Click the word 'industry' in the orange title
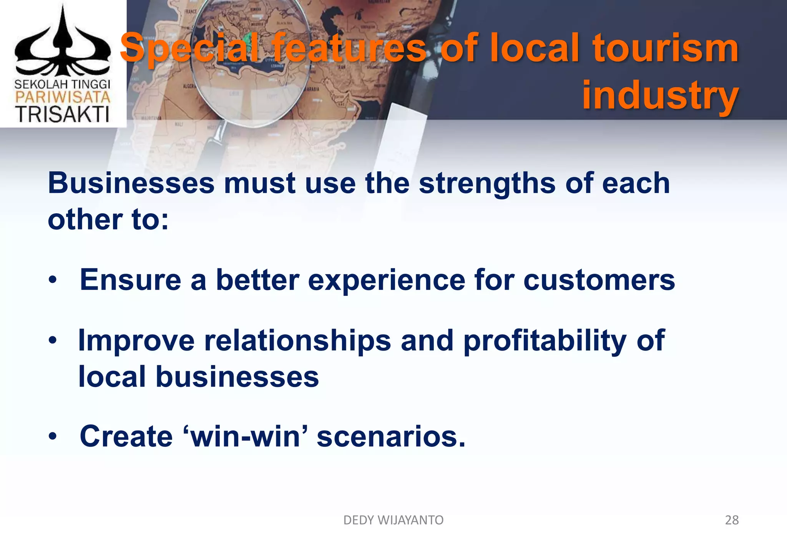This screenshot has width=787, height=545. [660, 95]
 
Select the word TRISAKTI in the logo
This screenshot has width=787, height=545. [62, 114]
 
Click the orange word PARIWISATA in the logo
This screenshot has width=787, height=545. [63, 97]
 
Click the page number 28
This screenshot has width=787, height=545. [732, 520]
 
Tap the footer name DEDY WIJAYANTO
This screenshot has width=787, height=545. [393, 520]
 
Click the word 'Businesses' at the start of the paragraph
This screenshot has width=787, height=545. [131, 183]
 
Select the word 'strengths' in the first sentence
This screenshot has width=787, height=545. [487, 183]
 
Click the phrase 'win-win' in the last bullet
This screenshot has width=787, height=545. [246, 437]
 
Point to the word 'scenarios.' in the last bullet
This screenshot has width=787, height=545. [391, 437]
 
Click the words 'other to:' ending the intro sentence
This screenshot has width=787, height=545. [108, 220]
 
